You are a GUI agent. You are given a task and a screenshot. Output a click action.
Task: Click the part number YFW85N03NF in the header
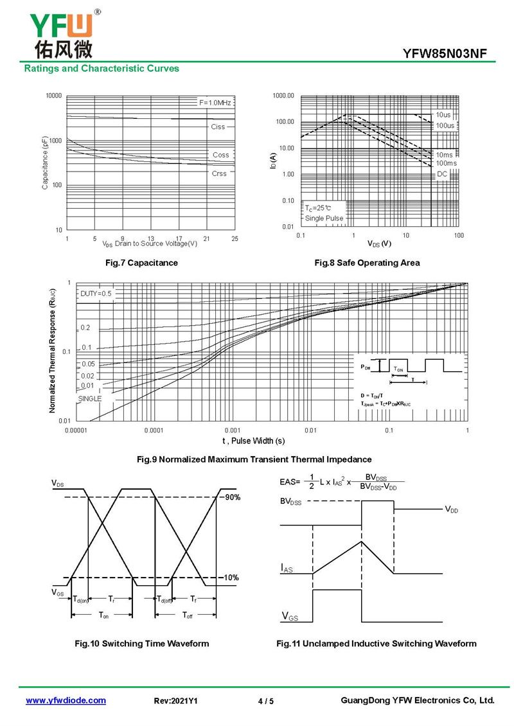tap(449, 54)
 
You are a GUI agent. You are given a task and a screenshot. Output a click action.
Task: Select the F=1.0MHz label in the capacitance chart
tap(215, 103)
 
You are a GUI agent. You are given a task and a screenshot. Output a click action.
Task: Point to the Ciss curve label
tap(218, 127)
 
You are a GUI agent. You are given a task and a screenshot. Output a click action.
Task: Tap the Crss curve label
tap(219, 173)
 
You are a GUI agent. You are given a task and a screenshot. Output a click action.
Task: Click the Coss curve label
tap(220, 155)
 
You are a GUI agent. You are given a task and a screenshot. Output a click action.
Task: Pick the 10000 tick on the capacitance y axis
tap(53, 96)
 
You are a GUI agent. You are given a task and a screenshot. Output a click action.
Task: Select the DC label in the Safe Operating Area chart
tap(442, 174)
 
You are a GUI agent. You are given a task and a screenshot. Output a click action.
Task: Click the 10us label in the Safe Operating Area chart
tap(443, 114)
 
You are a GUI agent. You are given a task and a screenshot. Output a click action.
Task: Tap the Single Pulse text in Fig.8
tap(324, 218)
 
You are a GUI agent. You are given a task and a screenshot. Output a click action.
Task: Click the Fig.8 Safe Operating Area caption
tap(367, 263)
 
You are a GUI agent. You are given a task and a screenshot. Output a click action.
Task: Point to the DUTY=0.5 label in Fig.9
tap(96, 294)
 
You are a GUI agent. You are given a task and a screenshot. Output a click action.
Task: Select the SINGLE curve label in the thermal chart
tap(90, 398)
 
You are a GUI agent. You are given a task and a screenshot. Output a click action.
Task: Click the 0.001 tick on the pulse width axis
tap(232, 430)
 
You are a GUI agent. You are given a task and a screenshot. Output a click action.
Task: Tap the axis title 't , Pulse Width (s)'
tap(253, 441)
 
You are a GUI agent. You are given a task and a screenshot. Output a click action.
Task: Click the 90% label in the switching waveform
tap(231, 498)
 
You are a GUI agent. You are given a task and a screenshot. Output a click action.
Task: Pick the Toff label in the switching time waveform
tap(187, 615)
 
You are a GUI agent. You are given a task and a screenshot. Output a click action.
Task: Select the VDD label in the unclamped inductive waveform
tap(452, 509)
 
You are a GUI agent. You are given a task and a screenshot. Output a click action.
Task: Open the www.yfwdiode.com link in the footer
tap(66, 700)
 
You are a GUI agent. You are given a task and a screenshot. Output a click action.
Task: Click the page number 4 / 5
tap(265, 701)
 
